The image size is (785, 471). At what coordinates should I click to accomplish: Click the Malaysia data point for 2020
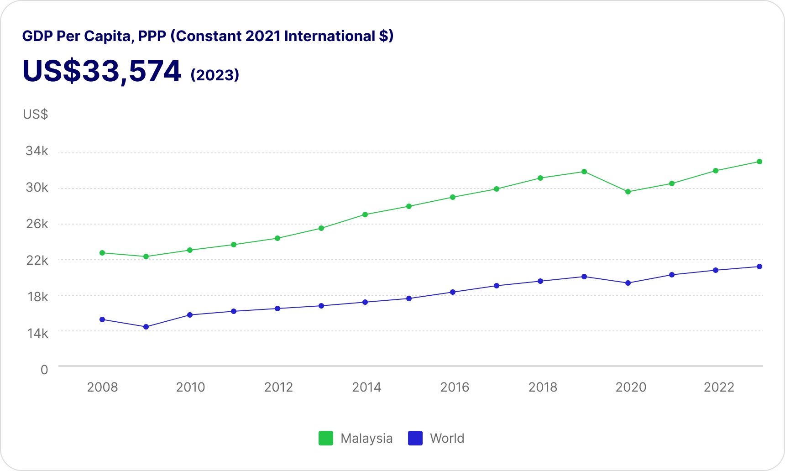(x=628, y=192)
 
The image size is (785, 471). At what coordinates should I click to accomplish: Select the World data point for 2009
(x=146, y=327)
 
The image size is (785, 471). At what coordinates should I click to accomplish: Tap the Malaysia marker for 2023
(x=759, y=162)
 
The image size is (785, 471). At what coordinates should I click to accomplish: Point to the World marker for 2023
(x=759, y=267)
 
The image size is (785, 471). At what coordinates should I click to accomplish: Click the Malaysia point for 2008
(x=102, y=253)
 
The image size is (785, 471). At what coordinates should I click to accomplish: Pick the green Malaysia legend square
(x=325, y=438)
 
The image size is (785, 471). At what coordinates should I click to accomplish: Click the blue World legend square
(x=415, y=438)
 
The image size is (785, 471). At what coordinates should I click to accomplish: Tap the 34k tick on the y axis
(x=37, y=151)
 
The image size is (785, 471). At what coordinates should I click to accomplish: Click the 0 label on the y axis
(x=44, y=370)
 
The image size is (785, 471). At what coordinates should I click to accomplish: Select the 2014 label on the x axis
(x=366, y=387)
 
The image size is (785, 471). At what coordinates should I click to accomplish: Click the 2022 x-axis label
(x=719, y=387)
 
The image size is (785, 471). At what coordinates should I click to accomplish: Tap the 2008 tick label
(x=102, y=387)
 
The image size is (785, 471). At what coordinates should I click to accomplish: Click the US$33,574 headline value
(x=102, y=71)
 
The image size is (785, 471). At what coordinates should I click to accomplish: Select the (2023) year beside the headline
(x=215, y=75)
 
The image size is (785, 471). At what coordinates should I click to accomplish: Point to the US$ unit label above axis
(x=35, y=114)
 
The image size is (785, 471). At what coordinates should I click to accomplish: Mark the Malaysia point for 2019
(x=584, y=172)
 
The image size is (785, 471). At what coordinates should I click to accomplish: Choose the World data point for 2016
(x=453, y=292)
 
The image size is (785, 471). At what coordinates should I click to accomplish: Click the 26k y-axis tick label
(x=37, y=224)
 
